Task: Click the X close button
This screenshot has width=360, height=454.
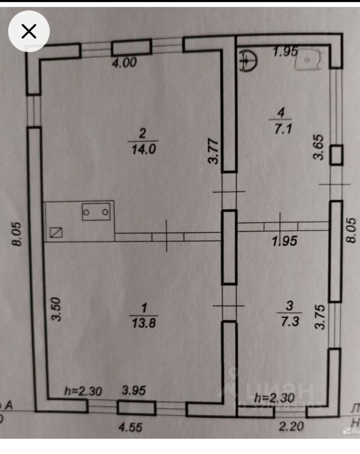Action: [x=29, y=31]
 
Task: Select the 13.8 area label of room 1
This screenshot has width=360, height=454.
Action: [x=144, y=323]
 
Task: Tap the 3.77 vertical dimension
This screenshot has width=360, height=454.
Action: [x=214, y=150]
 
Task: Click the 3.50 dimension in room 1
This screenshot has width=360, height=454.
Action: [x=56, y=309]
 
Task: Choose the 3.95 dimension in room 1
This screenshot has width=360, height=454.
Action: [x=134, y=391]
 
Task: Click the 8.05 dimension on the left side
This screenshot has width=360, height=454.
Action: [x=17, y=235]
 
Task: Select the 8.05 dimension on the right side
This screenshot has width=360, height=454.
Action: [x=351, y=230]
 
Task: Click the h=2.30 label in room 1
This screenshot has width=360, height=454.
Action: [x=83, y=391]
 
